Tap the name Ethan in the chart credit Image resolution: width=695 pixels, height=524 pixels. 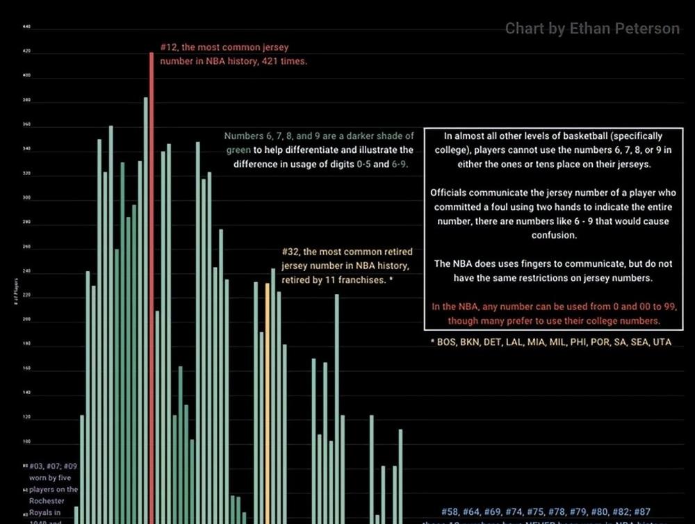point(589,28)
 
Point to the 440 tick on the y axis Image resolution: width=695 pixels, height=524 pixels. point(26,27)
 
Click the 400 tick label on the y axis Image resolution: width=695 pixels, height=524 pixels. point(26,76)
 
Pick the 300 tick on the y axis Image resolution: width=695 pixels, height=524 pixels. point(26,197)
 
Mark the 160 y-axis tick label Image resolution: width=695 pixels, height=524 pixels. point(26,368)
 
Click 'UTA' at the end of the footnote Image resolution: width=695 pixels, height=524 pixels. point(662,342)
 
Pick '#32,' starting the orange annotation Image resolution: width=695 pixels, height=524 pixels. point(291,252)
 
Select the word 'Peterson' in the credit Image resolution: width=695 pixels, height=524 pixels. point(648,28)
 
